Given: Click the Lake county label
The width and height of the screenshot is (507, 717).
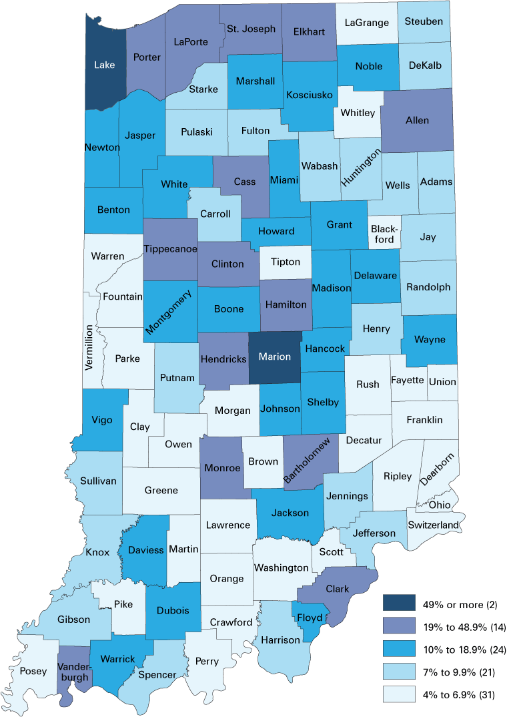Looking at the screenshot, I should click(104, 65).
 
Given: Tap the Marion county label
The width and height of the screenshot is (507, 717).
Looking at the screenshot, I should click(275, 356).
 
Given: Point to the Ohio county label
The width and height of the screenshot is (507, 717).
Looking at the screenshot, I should click(440, 505).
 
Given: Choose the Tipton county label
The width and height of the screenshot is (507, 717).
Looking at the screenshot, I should click(285, 264).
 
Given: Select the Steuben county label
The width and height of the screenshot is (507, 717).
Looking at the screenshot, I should click(424, 21).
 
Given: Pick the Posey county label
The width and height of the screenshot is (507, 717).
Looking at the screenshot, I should click(33, 672).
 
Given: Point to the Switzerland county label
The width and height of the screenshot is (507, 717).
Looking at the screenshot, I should click(434, 525).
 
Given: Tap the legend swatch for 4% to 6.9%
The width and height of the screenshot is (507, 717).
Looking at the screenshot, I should click(398, 694).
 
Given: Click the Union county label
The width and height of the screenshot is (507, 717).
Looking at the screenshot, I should click(442, 382).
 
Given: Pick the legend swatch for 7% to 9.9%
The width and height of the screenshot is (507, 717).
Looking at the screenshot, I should click(398, 672).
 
